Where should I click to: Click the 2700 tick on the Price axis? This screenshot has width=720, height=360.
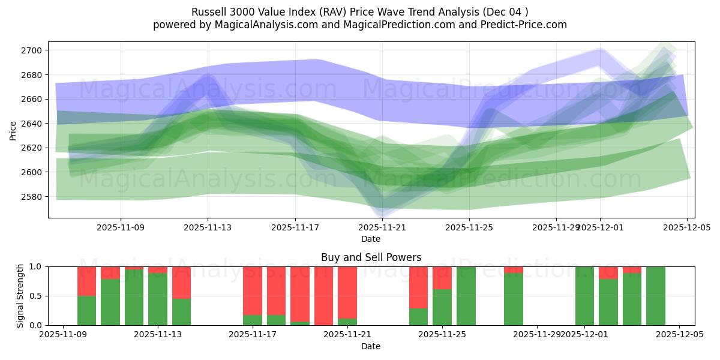coord(34,50)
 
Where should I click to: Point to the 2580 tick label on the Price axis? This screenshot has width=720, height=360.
coord(34,197)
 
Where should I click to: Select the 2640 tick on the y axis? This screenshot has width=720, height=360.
coord(34,124)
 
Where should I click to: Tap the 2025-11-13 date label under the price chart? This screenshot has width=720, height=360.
coord(208,228)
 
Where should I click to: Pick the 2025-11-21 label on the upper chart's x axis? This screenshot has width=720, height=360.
coord(382,228)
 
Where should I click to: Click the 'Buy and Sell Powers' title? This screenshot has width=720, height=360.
coord(371,257)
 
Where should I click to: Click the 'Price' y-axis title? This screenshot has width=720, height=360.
coord(14,130)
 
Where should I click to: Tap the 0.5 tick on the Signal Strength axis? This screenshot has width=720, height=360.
coord(35,296)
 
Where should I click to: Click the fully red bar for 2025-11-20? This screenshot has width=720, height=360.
coord(323,296)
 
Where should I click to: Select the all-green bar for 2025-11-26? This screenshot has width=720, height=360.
coord(466,296)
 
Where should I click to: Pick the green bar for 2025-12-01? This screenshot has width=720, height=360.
coord(584,296)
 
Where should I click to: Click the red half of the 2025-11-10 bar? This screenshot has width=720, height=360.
coord(86,281)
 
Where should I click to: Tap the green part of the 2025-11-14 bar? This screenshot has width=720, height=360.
coord(181,312)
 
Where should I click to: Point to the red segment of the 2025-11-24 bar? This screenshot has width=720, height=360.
coord(418,287)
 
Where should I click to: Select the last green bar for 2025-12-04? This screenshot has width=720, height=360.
coord(655,296)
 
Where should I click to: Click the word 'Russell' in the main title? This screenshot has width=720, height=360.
coord(208,12)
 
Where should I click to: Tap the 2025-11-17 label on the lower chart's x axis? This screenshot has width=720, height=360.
coord(253,335)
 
